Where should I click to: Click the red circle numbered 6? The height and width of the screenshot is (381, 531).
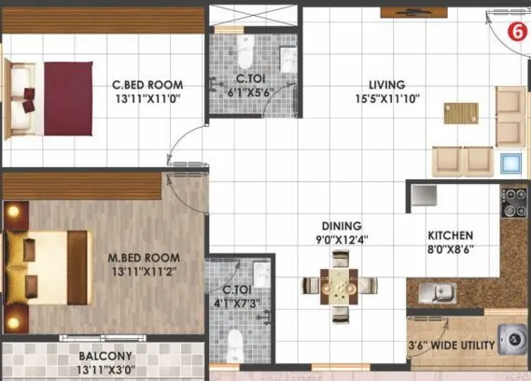click(x=514, y=31)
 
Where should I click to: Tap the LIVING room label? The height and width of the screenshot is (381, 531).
click(x=378, y=82)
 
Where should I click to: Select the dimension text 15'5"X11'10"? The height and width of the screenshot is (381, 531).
click(x=378, y=97)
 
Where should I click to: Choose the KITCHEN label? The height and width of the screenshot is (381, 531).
click(x=451, y=236)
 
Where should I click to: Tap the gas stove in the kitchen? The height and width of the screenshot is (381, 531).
click(x=515, y=203)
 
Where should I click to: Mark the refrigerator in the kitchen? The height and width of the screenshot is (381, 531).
click(x=425, y=195)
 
